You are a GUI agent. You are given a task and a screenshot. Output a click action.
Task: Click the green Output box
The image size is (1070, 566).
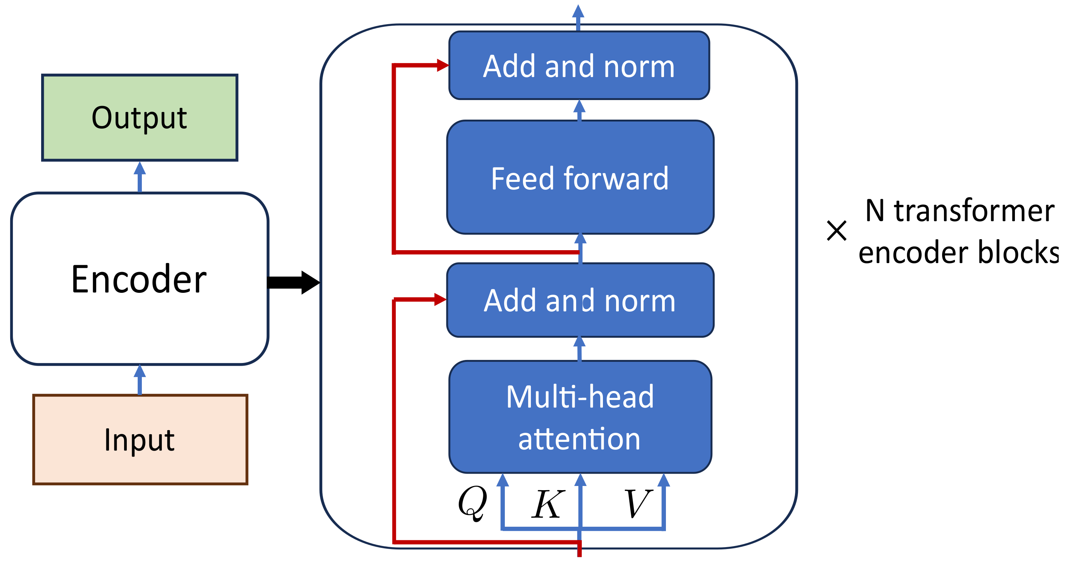click(x=140, y=118)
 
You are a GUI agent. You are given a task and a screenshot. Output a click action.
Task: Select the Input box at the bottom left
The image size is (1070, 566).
click(x=140, y=439)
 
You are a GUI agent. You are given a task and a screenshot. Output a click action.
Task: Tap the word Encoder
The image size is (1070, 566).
click(x=139, y=279)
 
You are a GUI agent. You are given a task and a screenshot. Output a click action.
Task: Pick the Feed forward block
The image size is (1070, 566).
click(x=580, y=177)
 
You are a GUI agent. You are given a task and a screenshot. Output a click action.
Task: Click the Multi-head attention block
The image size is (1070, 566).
click(x=580, y=417)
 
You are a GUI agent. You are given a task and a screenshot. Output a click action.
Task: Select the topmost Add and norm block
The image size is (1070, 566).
click(x=579, y=66)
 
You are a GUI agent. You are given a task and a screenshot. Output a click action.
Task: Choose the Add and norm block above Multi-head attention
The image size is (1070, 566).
click(x=580, y=300)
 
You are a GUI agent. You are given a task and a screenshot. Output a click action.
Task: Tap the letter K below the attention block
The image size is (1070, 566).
click(x=548, y=504)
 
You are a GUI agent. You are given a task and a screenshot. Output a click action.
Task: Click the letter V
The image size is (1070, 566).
click(x=637, y=503)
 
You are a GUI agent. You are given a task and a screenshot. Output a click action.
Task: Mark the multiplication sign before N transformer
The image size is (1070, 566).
click(x=836, y=231)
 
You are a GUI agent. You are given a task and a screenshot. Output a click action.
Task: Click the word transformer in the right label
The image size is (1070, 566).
click(x=974, y=211)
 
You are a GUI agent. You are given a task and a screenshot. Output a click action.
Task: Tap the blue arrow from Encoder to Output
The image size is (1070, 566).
click(x=140, y=177)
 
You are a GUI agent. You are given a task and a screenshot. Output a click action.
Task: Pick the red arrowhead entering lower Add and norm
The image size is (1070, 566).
click(x=440, y=299)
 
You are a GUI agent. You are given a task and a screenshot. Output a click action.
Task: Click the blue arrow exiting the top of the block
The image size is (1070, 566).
click(x=578, y=17)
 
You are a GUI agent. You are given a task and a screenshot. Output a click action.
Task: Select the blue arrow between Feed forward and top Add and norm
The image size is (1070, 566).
click(x=580, y=110)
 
